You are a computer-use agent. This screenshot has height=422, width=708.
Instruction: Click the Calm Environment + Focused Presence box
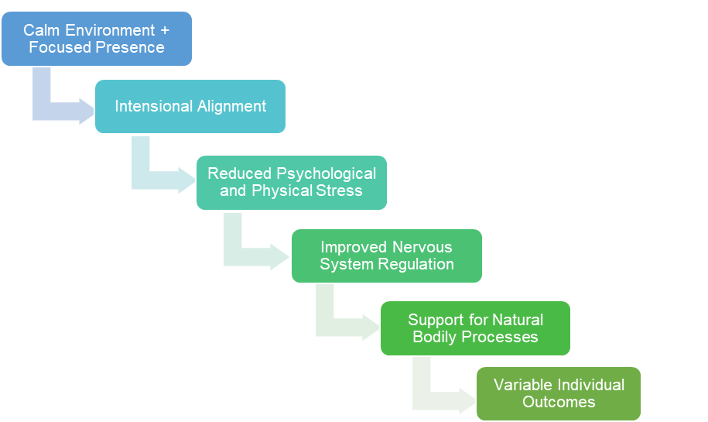[96, 39]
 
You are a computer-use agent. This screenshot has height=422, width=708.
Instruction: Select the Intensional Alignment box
[190, 106]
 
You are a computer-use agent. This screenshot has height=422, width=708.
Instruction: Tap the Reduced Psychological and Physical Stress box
[291, 183]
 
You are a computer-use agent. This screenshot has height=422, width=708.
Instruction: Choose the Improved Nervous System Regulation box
[386, 256]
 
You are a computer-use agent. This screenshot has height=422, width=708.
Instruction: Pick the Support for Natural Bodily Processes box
[475, 328]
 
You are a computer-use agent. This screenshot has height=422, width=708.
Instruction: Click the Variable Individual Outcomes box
[558, 393]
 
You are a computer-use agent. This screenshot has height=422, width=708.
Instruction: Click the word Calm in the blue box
[40, 30]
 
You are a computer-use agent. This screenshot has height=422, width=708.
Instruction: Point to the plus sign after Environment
[163, 30]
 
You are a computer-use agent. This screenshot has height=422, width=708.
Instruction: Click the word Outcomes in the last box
[558, 402]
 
